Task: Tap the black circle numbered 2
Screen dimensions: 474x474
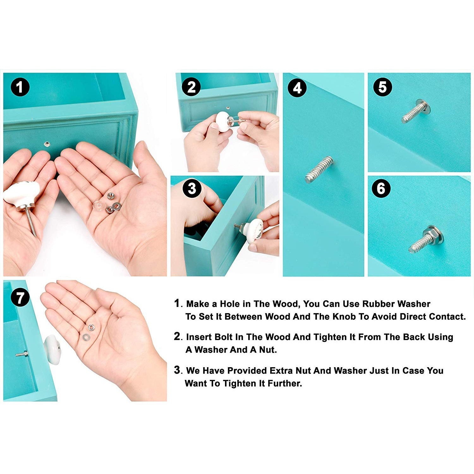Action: pos(191,87)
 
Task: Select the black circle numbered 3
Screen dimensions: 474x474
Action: pos(192,189)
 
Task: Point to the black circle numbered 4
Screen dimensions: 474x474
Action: pos(297,88)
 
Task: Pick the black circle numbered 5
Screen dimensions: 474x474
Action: pos(382,87)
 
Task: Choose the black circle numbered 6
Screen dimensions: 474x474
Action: pos(381,189)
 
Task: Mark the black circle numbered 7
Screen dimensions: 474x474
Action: pos(20,298)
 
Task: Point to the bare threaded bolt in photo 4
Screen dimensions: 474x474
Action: pos(319,170)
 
